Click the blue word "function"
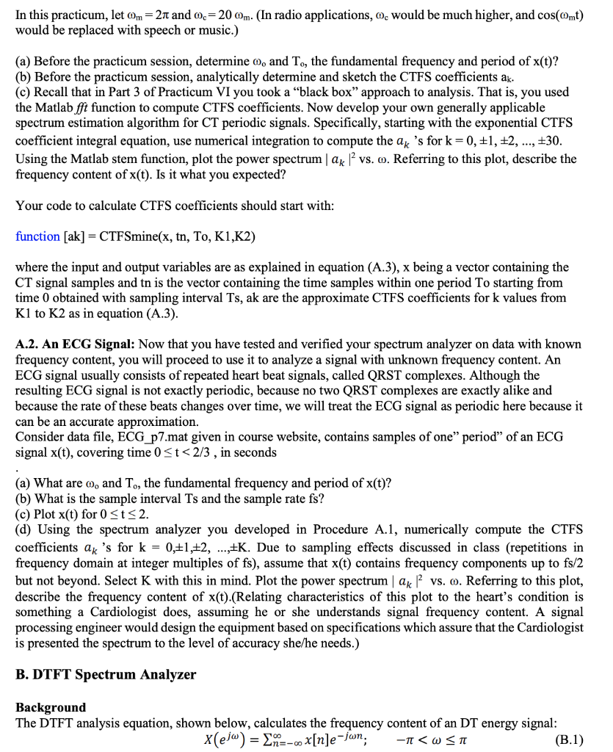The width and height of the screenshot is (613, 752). (37, 236)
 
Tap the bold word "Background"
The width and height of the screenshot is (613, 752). (51, 706)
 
